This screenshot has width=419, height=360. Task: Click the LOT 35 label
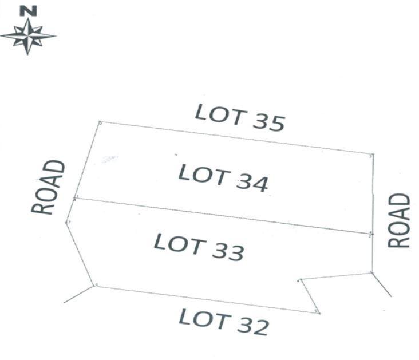[240, 118]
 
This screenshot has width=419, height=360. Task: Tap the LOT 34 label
[223, 178]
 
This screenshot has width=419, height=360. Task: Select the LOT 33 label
[199, 247]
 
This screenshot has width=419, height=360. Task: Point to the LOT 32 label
[224, 322]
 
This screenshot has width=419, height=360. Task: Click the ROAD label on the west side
[48, 187]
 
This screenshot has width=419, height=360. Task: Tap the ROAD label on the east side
[399, 220]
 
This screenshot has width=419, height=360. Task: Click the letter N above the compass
[28, 11]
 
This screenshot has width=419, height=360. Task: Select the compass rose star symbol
[28, 36]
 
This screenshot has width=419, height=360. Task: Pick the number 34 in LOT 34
[252, 183]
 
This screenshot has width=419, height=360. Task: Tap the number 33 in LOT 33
[228, 252]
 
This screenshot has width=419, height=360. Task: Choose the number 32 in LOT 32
[253, 326]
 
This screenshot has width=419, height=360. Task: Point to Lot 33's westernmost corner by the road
[66, 223]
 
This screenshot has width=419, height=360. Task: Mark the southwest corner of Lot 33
[94, 286]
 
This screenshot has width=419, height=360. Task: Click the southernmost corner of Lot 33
[320, 313]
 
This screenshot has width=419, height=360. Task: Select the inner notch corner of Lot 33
[301, 279]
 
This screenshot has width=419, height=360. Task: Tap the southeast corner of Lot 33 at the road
[372, 272]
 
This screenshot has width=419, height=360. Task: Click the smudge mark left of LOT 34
[109, 159]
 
